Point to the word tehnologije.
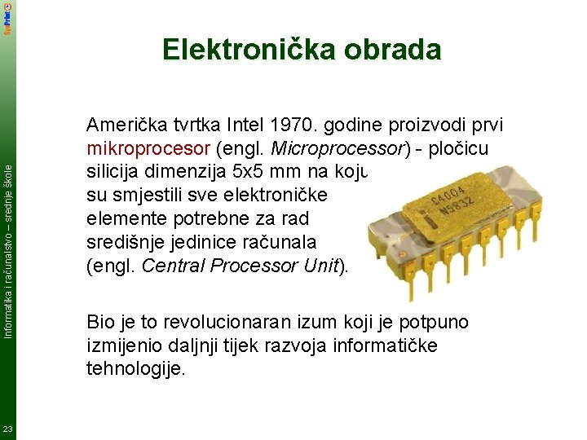pos(134,369)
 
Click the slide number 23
pos(7,429)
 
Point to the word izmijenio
pos(125,345)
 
